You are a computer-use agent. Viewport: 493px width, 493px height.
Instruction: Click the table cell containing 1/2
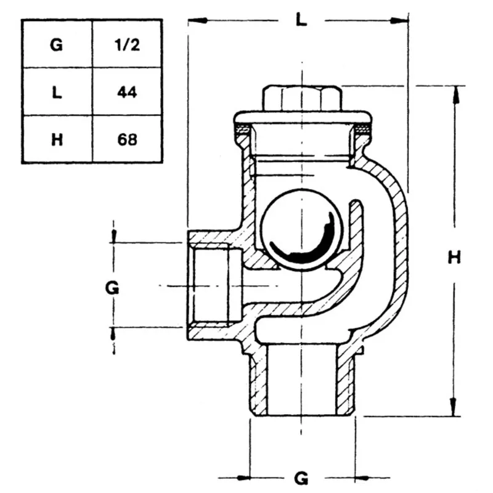(x=127, y=44)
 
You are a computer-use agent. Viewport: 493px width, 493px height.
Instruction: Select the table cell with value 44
(x=127, y=92)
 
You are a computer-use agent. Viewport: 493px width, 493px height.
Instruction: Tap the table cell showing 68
(x=127, y=139)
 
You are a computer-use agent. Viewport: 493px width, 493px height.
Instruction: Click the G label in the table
(x=57, y=44)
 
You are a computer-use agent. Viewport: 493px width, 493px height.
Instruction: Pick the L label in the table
(x=57, y=92)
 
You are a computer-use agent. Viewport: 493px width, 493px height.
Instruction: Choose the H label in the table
(x=57, y=139)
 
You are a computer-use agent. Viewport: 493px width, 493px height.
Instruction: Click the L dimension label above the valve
(x=300, y=20)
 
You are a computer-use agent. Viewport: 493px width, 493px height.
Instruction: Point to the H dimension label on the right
(x=454, y=258)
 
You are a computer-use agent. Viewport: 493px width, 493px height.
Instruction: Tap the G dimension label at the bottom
(x=300, y=478)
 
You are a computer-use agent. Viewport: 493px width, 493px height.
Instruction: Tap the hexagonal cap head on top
(x=301, y=99)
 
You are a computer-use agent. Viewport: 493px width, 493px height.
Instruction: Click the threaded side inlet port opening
(x=213, y=286)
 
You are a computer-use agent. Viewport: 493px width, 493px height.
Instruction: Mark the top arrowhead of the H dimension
(x=455, y=92)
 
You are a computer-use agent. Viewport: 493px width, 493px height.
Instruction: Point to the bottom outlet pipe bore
(x=301, y=379)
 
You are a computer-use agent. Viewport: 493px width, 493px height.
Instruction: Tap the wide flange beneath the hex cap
(x=301, y=117)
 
